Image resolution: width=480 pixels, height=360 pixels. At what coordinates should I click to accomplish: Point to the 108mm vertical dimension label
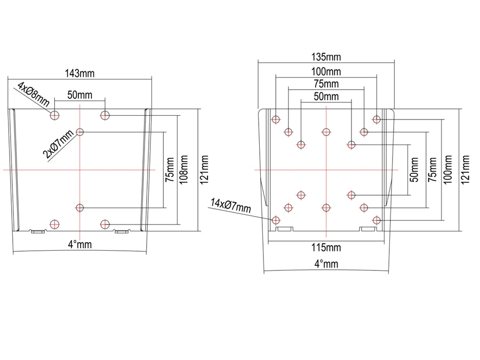click(185, 170)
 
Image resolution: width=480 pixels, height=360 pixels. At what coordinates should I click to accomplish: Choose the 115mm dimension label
click(326, 247)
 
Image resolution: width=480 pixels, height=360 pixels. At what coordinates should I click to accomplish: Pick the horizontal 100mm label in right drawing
click(326, 71)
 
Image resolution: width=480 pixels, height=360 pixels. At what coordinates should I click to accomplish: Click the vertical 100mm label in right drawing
click(447, 170)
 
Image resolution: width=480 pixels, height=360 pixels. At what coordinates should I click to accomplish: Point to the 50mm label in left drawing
click(80, 94)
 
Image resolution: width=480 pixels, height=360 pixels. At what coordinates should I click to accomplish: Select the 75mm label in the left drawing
click(170, 170)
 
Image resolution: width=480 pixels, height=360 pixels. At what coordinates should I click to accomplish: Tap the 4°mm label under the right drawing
click(326, 263)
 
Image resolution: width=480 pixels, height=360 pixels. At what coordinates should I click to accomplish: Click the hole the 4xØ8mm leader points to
click(54, 115)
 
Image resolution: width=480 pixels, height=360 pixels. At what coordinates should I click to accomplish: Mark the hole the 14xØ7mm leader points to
click(276, 220)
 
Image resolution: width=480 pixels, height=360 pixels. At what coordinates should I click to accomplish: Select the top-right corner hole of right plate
click(377, 119)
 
